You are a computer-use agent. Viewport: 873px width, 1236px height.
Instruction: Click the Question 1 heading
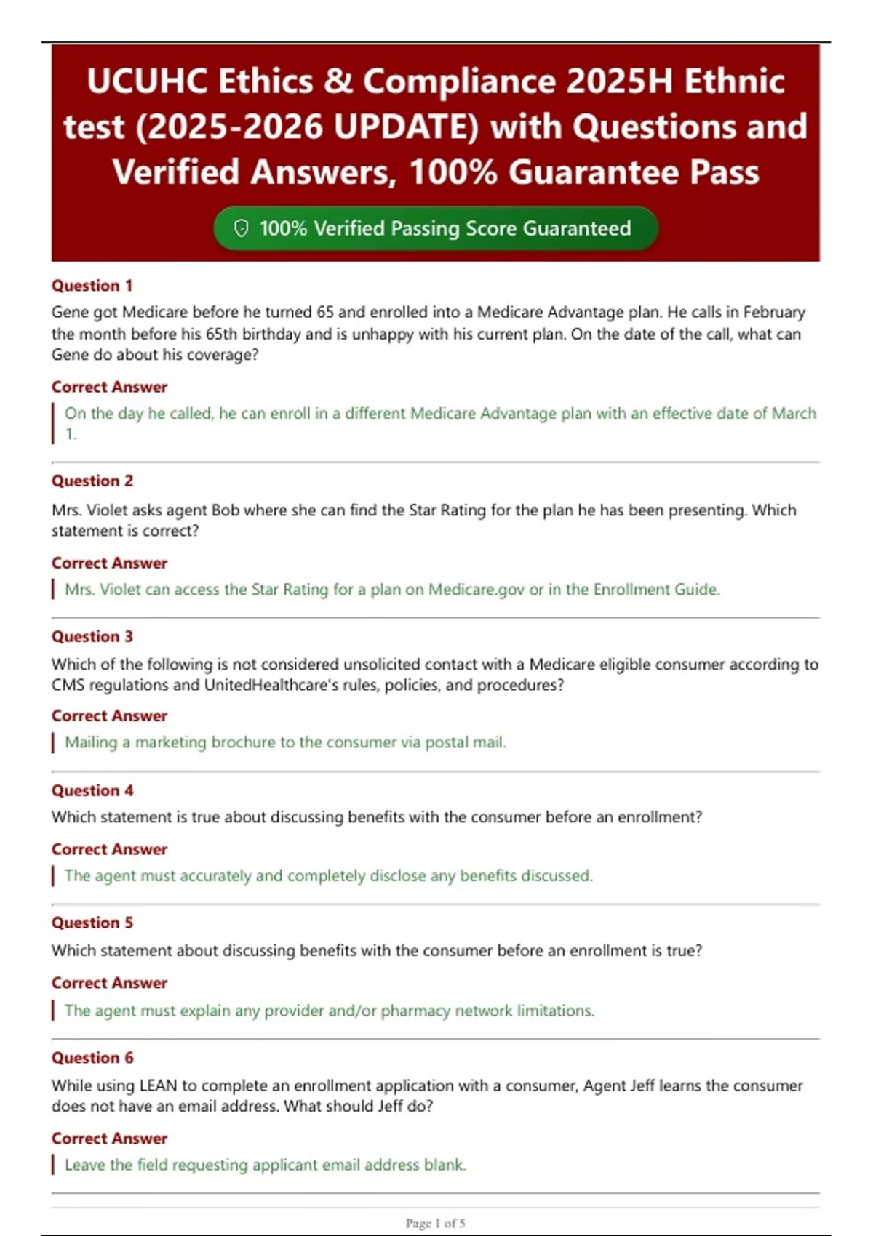click(x=92, y=286)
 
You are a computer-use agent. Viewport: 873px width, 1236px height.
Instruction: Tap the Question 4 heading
click(x=92, y=790)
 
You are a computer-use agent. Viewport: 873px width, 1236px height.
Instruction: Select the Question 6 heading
click(x=92, y=1058)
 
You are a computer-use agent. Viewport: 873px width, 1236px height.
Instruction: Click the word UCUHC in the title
click(x=147, y=81)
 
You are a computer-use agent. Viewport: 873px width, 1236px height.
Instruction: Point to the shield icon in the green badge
click(x=241, y=228)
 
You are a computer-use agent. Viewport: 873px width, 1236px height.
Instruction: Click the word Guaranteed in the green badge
click(x=576, y=228)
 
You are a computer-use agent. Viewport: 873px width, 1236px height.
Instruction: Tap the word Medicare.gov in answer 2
click(x=476, y=590)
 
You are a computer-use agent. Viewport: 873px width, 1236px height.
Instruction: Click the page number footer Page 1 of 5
click(x=435, y=1223)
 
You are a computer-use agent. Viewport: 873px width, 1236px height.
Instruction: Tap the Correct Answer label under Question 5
click(x=109, y=983)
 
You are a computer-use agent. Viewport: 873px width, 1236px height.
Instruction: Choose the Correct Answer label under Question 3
click(x=109, y=716)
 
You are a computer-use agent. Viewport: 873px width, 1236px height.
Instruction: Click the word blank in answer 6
click(x=445, y=1165)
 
